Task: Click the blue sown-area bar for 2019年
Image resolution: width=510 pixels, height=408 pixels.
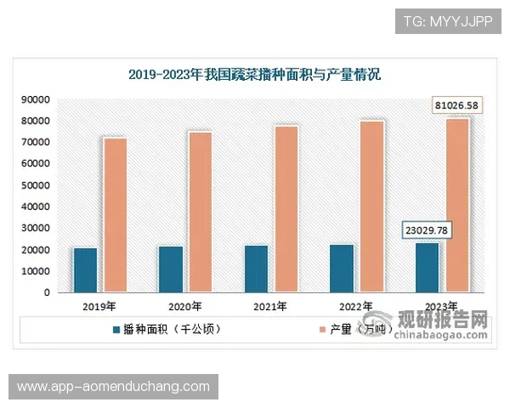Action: click(x=85, y=270)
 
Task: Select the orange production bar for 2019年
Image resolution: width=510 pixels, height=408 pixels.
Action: click(x=116, y=215)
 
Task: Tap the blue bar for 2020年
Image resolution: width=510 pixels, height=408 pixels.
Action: click(x=171, y=269)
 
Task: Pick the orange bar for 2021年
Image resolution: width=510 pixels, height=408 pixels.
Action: click(x=286, y=209)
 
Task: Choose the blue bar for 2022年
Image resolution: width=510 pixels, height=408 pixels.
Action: click(x=342, y=269)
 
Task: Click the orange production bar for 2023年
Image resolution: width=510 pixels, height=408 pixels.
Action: click(x=457, y=206)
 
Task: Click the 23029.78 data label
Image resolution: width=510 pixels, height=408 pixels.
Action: click(x=427, y=229)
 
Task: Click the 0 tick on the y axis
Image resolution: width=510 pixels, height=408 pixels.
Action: click(x=47, y=292)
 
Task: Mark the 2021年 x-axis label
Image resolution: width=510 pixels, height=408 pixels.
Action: click(x=270, y=306)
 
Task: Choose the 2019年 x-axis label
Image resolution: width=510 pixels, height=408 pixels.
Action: click(x=100, y=306)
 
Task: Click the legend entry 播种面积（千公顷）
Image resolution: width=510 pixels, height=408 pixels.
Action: click(x=165, y=328)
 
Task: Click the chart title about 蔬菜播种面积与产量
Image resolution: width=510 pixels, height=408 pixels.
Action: click(x=255, y=75)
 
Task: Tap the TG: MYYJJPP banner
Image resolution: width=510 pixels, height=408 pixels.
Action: click(x=448, y=21)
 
